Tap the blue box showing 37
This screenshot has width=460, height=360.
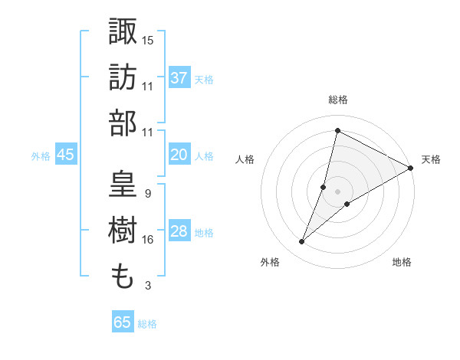pyautogui.click(x=179, y=77)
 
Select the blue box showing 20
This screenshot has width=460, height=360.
pyautogui.click(x=179, y=155)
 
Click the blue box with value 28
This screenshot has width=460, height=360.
pyautogui.click(x=179, y=232)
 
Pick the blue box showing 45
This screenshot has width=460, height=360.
pyautogui.click(x=65, y=155)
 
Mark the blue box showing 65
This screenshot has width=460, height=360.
pyautogui.click(x=123, y=322)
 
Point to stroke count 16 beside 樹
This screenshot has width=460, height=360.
pyautogui.click(x=147, y=240)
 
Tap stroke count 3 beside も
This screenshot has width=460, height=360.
pyautogui.click(x=147, y=286)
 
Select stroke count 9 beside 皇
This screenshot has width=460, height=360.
pyautogui.click(x=147, y=194)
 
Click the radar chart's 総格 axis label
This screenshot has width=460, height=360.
pyautogui.click(x=337, y=100)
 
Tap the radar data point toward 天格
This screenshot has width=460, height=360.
pyautogui.click(x=410, y=168)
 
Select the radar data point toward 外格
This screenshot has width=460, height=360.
pyautogui.click(x=302, y=242)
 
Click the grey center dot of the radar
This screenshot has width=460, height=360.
pyautogui.click(x=338, y=191)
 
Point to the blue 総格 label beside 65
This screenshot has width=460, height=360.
pyautogui.click(x=147, y=324)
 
